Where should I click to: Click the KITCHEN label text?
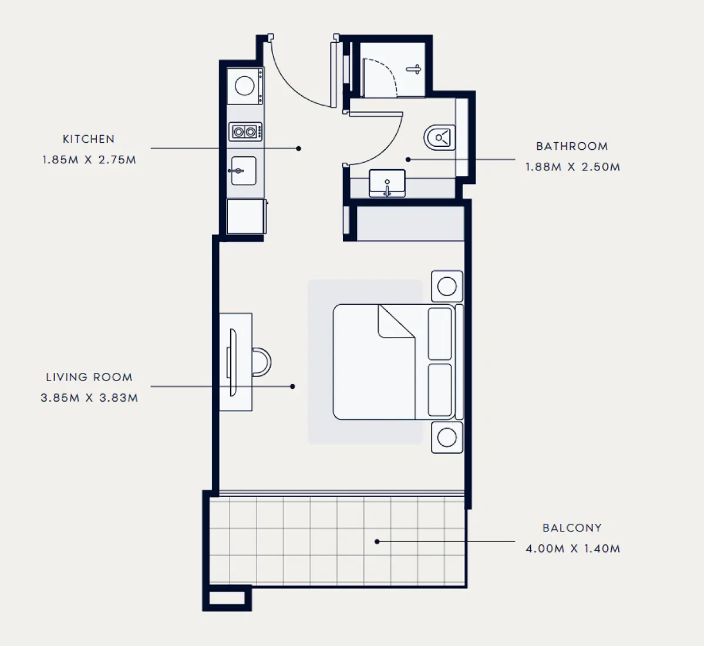point(89,139)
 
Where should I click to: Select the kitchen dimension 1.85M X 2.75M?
point(89,160)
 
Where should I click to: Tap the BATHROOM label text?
point(572,146)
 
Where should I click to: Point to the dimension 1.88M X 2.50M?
point(572,167)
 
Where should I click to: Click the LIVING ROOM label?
point(89,377)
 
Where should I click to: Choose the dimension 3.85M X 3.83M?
point(89,398)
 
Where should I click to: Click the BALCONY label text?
point(572,528)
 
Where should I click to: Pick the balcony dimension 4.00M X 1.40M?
point(572,549)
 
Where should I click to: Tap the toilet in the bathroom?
point(440,138)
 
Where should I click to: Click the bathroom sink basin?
point(387,183)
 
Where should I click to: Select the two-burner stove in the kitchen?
point(245,132)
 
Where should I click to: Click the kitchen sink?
point(243,171)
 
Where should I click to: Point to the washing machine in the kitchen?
point(245,86)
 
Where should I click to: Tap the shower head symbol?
point(414,69)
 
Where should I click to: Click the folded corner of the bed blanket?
point(396,322)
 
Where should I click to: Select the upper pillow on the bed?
point(440,334)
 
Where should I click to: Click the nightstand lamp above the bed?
point(447,287)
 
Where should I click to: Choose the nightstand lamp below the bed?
point(447,438)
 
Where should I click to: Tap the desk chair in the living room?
point(262,362)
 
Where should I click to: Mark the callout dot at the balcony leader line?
point(378,541)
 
